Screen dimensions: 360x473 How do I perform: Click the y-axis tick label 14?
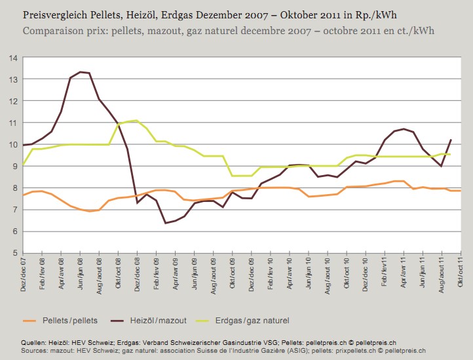[x=12, y=58]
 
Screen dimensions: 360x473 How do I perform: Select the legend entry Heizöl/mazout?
[x=160, y=321]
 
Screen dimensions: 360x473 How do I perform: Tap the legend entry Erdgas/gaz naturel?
[x=252, y=321]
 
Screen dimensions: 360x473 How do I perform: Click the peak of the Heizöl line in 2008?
[x=80, y=72]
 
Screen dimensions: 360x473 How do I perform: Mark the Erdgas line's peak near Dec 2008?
[x=136, y=120]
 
